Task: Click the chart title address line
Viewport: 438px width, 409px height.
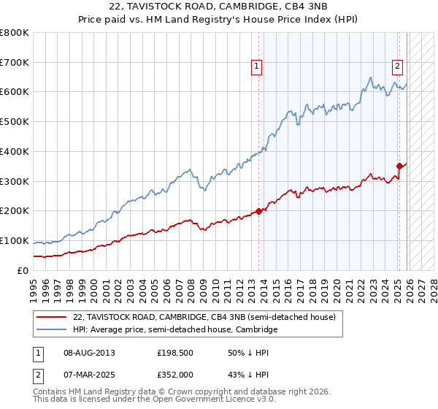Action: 219,7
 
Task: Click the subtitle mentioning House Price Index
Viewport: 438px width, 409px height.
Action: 219,20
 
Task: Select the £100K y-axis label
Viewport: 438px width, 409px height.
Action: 15,240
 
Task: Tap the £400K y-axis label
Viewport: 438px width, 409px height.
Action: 15,151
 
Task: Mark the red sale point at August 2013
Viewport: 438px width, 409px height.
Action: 258,212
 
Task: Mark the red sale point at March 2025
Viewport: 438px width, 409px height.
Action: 399,166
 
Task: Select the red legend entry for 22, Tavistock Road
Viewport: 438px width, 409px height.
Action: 204,317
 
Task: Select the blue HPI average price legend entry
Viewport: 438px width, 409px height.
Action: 175,330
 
